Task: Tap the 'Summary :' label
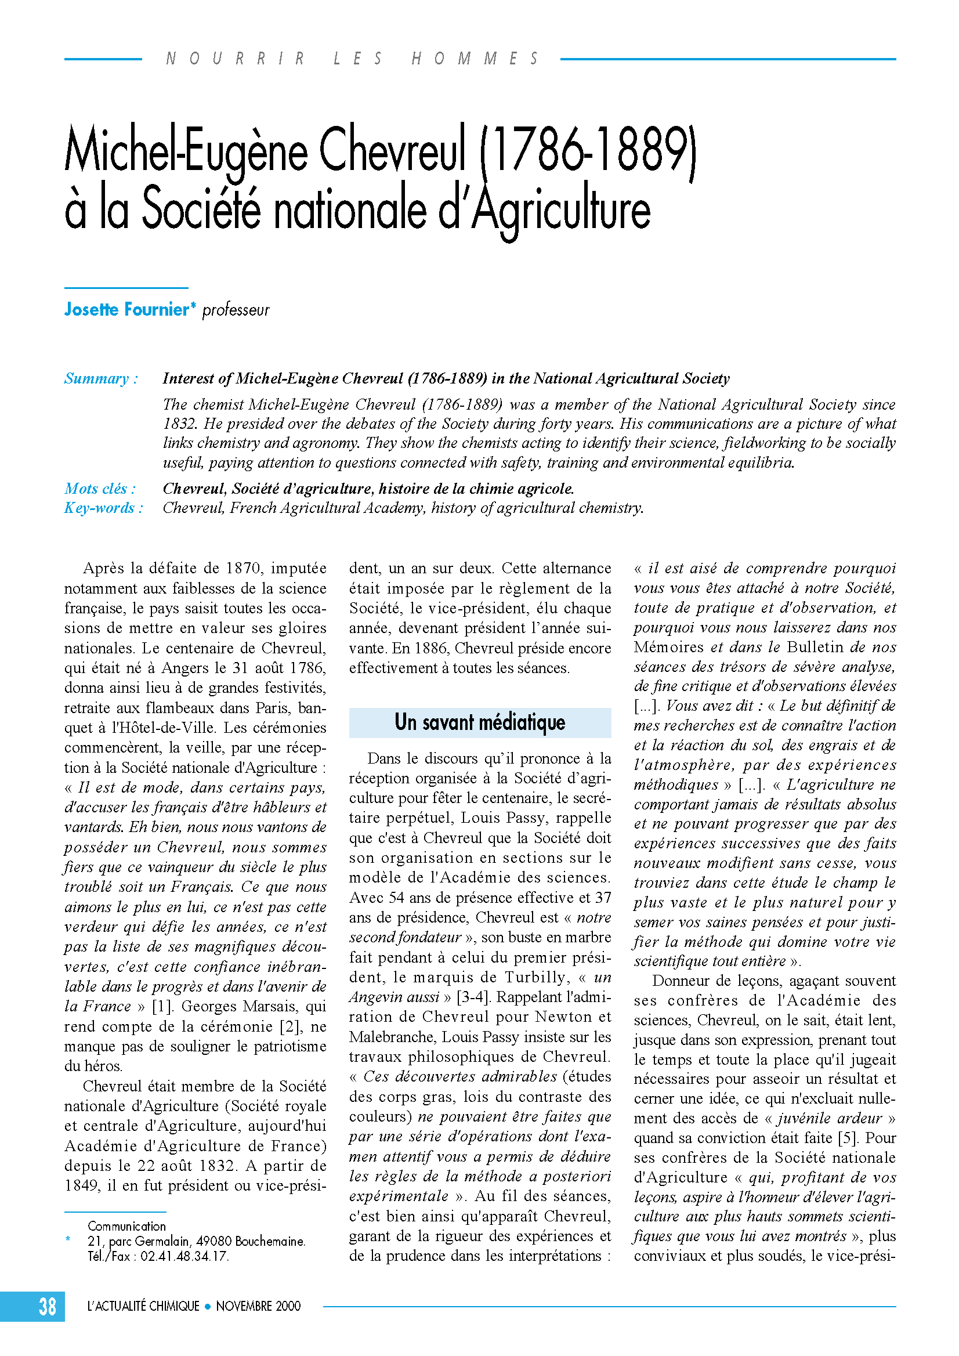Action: click(x=101, y=378)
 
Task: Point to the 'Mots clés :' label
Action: click(x=100, y=489)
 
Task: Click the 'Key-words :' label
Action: click(x=103, y=508)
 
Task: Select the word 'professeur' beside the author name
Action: click(x=236, y=310)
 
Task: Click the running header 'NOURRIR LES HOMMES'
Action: click(x=352, y=59)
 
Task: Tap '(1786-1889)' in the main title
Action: click(x=588, y=151)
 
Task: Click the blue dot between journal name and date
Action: click(x=207, y=1307)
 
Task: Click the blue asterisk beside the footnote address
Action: click(x=68, y=1241)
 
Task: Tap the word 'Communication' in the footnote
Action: click(x=126, y=1226)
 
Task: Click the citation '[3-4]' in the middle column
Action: click(x=472, y=997)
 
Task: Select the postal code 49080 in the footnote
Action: click(x=213, y=1242)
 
